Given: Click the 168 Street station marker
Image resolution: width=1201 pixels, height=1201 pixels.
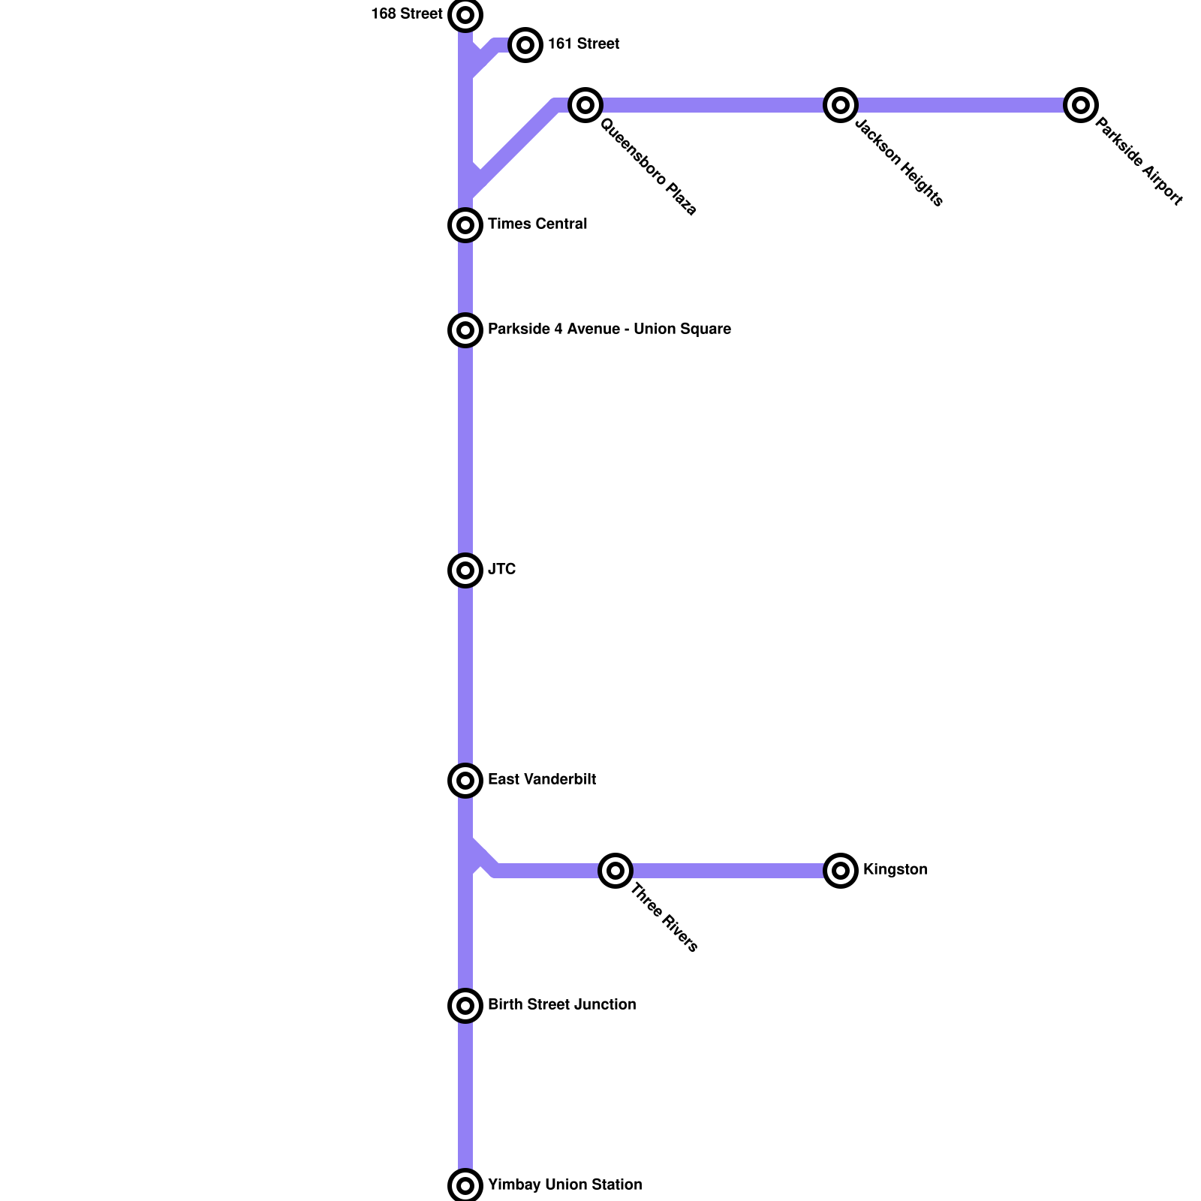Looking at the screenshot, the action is click(465, 15).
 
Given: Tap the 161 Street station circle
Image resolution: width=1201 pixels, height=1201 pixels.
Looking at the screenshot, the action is click(525, 45).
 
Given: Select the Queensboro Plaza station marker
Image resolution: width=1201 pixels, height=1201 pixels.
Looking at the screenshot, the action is click(585, 105).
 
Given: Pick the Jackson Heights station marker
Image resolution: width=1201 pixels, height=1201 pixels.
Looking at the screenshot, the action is click(841, 105).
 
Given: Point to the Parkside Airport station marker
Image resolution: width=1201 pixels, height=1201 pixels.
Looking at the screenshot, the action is click(1081, 105).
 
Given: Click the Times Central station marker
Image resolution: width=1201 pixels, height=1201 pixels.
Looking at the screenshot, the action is click(465, 225).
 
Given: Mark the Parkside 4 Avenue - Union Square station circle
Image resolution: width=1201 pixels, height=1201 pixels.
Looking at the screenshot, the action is click(465, 330).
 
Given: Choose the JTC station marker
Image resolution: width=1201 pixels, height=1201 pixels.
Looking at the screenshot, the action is click(465, 570).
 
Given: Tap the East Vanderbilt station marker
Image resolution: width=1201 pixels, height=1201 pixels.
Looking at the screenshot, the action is click(465, 781).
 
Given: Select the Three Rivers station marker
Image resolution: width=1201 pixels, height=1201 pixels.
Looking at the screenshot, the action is click(616, 871).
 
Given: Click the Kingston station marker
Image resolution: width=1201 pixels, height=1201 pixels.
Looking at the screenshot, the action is click(841, 871).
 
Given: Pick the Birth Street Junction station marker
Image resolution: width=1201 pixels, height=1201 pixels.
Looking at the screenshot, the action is click(465, 1006).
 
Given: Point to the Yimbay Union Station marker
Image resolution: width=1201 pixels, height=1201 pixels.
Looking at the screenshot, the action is click(465, 1186).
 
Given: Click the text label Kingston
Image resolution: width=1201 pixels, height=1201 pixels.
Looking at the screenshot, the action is click(895, 870).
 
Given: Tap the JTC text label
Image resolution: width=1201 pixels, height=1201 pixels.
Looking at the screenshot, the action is click(501, 570).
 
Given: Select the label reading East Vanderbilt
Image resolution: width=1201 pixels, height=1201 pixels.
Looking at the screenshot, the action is click(541, 780).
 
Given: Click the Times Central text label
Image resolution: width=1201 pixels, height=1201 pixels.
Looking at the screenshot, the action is click(537, 224).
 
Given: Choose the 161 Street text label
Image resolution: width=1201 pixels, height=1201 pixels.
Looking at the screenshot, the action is click(583, 44).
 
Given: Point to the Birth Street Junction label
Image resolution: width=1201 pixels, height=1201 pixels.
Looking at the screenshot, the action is click(561, 1005).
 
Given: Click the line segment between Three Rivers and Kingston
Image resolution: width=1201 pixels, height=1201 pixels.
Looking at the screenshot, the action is click(728, 871).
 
